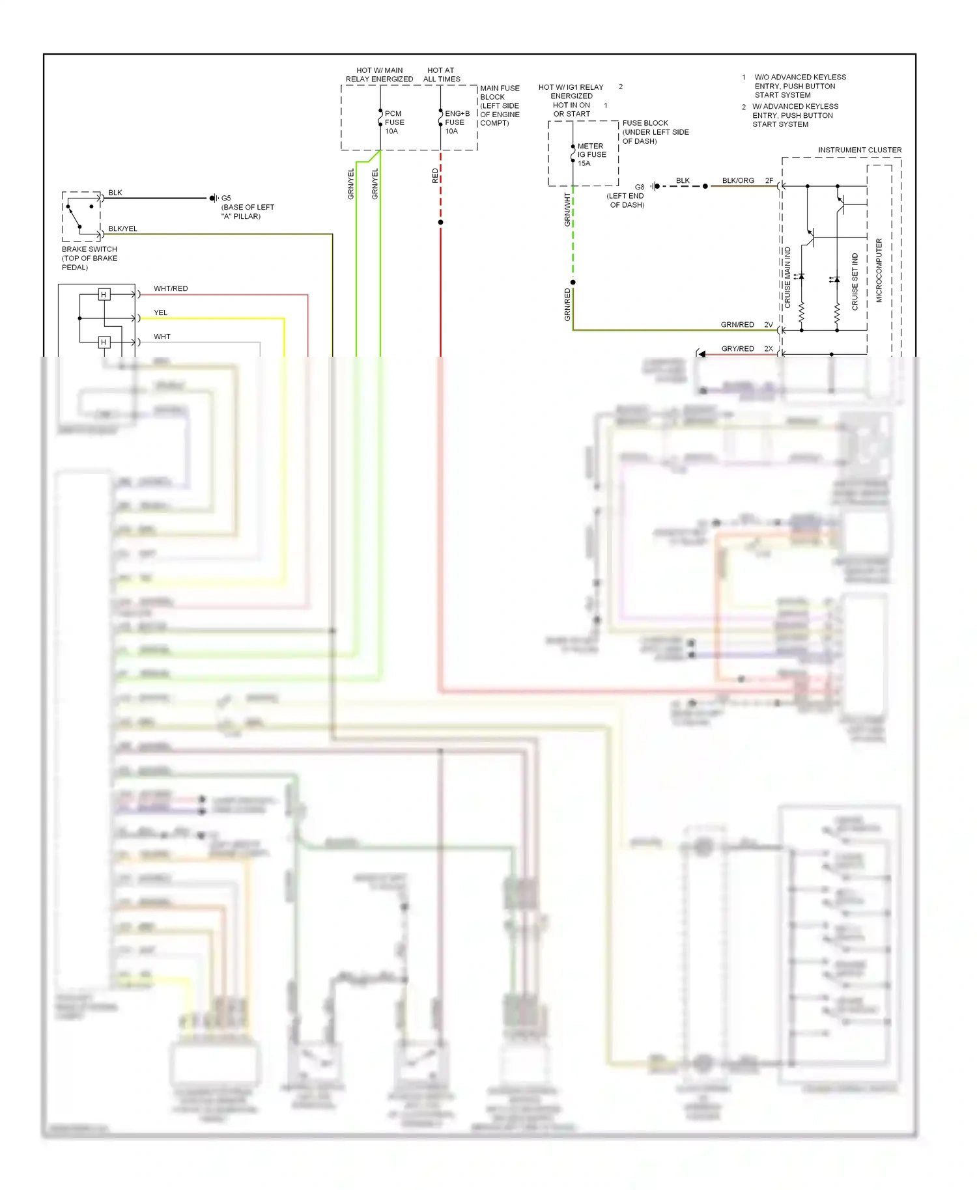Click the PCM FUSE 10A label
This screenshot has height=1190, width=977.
point(394,122)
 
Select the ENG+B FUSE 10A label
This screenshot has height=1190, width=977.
point(457,122)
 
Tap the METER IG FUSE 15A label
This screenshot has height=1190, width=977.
point(591,155)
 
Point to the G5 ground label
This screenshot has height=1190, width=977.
point(226,198)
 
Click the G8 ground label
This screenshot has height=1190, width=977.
point(640,187)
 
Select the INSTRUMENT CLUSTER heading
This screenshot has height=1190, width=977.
point(860,150)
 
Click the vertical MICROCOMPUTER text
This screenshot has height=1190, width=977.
point(879,270)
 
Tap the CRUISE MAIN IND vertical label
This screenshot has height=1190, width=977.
point(787,277)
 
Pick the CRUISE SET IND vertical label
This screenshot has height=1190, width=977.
point(855,281)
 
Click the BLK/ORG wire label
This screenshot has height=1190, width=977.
point(738,180)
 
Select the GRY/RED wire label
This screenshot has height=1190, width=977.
point(737,349)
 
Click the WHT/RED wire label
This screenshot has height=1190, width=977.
point(171,288)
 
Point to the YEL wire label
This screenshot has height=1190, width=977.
point(160,312)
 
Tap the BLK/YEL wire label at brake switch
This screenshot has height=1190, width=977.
point(122,228)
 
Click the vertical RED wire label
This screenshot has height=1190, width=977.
point(435,176)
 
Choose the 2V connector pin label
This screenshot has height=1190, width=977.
point(769,325)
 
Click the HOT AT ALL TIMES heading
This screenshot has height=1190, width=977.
point(442,75)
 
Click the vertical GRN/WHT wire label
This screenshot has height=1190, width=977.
point(567,210)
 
